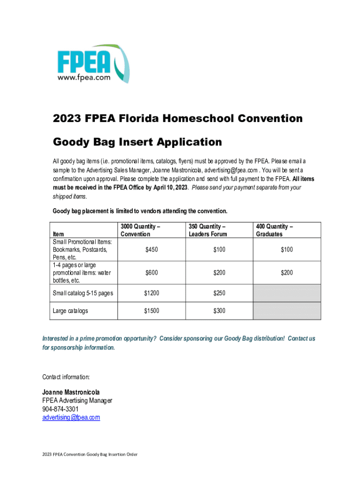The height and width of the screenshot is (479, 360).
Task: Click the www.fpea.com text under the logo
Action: (84, 78)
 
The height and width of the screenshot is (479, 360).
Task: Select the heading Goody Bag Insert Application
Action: (137, 141)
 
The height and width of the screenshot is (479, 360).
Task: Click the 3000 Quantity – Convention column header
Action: (140, 230)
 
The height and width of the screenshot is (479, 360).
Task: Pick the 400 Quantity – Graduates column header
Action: (274, 230)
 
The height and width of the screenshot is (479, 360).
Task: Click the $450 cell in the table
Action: (151, 250)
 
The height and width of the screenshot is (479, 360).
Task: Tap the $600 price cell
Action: (151, 273)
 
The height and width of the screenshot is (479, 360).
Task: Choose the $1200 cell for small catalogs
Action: (151, 293)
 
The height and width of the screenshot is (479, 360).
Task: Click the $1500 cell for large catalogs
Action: (151, 311)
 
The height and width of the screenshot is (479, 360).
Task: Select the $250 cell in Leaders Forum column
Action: (219, 293)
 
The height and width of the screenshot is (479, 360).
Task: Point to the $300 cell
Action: (219, 311)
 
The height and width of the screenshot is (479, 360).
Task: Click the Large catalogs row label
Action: (70, 311)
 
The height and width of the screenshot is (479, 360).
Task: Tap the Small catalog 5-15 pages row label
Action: (83, 293)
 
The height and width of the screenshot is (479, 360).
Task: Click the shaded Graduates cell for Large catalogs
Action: (287, 311)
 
